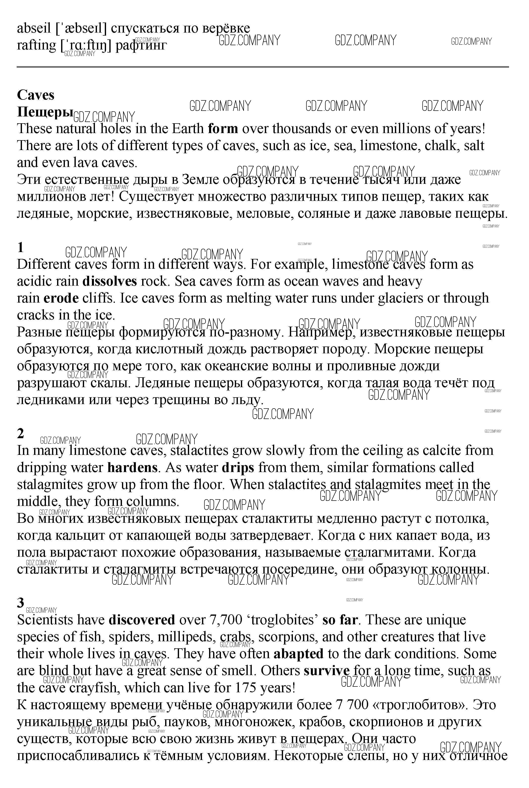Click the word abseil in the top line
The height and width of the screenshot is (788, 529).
tap(34, 28)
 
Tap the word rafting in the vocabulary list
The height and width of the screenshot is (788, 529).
tap(36, 45)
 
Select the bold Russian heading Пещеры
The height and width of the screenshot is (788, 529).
tap(45, 112)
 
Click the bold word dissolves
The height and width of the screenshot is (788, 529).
tap(110, 281)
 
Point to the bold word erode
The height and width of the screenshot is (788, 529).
tap(61, 298)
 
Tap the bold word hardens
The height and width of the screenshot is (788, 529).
tap(132, 467)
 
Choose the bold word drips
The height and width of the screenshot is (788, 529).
tap(238, 467)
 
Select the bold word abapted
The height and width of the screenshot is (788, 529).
tap(298, 654)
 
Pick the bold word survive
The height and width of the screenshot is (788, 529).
tap(326, 671)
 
